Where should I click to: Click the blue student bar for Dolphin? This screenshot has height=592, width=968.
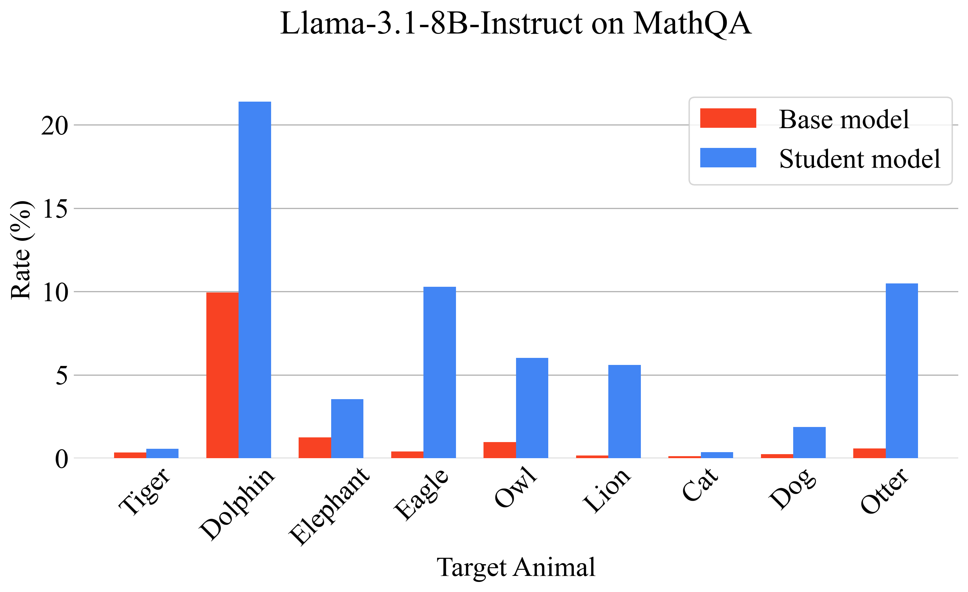click(x=255, y=280)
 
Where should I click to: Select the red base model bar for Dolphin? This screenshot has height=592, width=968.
click(x=222, y=375)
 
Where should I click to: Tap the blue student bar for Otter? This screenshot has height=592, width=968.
click(x=902, y=370)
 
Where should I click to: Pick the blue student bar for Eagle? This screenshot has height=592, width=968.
click(x=440, y=372)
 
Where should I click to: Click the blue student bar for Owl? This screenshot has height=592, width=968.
click(x=532, y=408)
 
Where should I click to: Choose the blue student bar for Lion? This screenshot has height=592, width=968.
click(x=624, y=411)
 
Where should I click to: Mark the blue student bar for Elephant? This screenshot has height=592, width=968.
click(x=347, y=429)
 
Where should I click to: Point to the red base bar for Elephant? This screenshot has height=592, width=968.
click(x=315, y=447)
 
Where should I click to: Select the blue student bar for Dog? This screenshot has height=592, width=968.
click(x=809, y=442)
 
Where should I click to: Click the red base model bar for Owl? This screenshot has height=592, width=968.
click(x=499, y=450)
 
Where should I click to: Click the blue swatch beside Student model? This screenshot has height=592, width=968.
click(x=728, y=158)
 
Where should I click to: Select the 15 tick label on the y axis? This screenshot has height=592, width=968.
click(x=55, y=209)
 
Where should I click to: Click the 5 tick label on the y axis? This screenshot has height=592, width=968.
click(x=62, y=376)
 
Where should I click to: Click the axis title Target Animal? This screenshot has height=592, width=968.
click(x=516, y=567)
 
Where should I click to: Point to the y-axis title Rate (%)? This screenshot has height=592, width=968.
click(x=20, y=250)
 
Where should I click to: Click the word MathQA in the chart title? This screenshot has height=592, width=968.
click(x=692, y=23)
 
